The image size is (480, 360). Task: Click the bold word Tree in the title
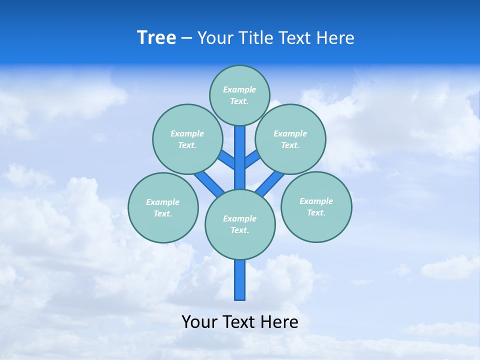(x=156, y=38)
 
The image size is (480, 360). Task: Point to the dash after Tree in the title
(x=186, y=38)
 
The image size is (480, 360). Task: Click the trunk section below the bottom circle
(x=240, y=280)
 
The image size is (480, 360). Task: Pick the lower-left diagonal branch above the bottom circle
(x=209, y=183)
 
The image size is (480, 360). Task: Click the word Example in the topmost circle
(x=239, y=90)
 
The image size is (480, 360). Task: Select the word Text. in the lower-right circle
(x=316, y=212)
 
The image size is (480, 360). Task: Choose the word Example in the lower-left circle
(x=162, y=202)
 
